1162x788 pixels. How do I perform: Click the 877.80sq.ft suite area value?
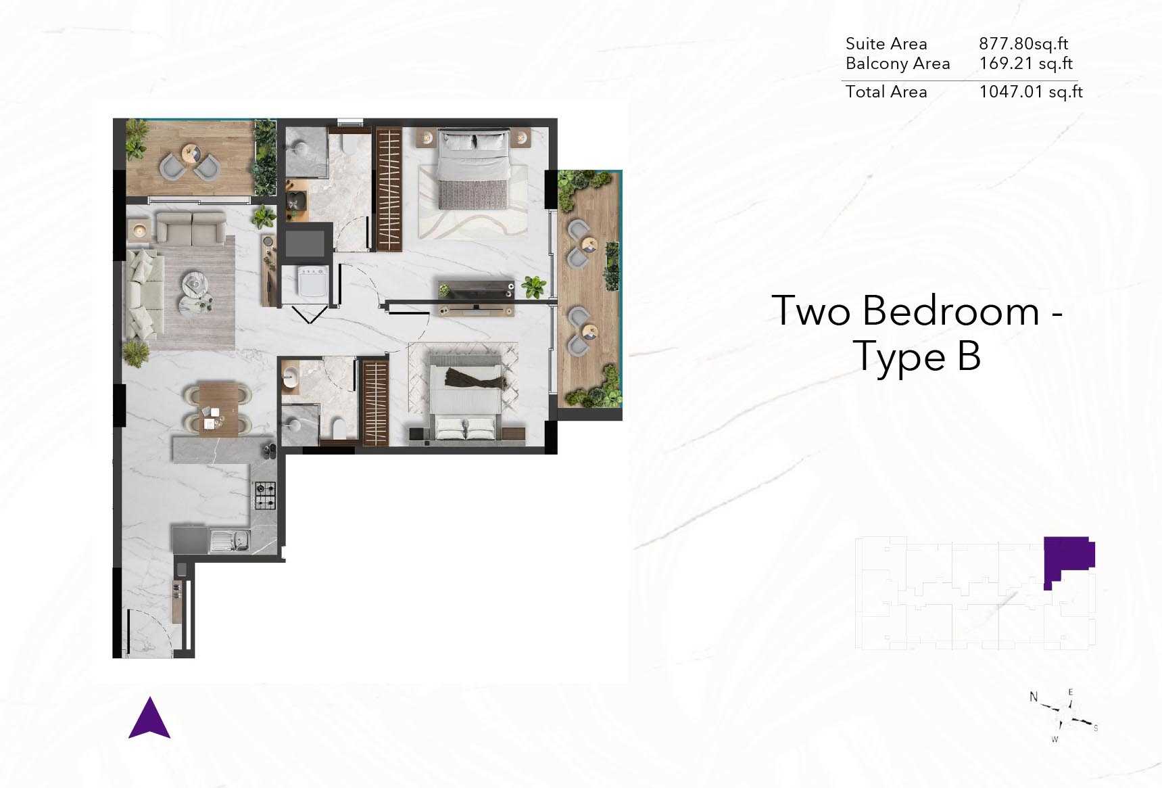click(x=1023, y=44)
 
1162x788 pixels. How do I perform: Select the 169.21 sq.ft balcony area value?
click(x=1026, y=64)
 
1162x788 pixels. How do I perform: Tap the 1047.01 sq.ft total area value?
click(x=1031, y=92)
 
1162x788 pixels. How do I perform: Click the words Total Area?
click(x=886, y=92)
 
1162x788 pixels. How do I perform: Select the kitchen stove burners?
click(x=264, y=495)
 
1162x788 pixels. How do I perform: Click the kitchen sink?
click(x=230, y=540)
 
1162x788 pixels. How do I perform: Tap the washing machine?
click(x=313, y=281)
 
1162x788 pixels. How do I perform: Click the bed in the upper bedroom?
click(x=473, y=168)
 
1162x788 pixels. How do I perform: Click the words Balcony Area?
click(x=898, y=64)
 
